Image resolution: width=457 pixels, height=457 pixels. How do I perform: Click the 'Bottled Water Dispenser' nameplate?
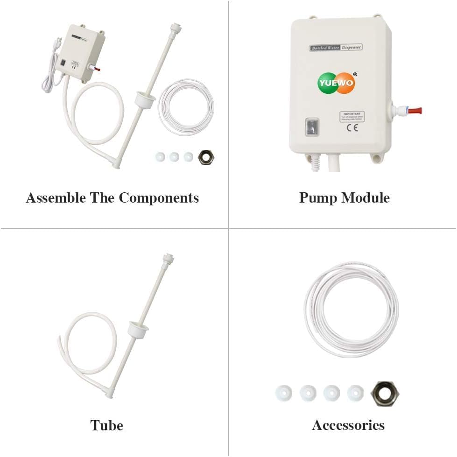coord(336,47)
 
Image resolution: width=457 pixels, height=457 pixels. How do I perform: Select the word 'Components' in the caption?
coord(159,198)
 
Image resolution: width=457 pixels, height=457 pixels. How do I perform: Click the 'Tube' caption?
coord(106,425)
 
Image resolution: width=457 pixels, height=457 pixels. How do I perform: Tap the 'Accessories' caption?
coord(348,425)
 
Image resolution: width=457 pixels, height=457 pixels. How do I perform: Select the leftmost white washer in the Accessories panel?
coord(283,393)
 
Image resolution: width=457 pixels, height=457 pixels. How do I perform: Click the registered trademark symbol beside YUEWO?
coord(355,74)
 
